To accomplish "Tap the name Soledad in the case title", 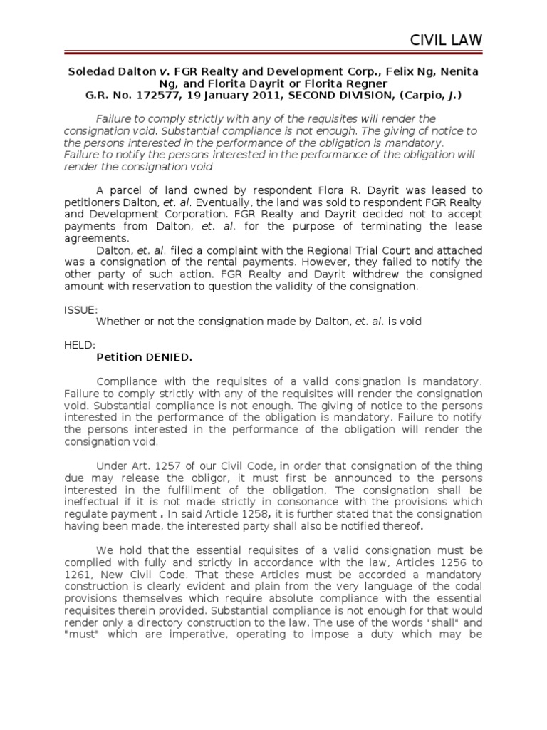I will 91,73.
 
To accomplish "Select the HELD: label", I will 79,345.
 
